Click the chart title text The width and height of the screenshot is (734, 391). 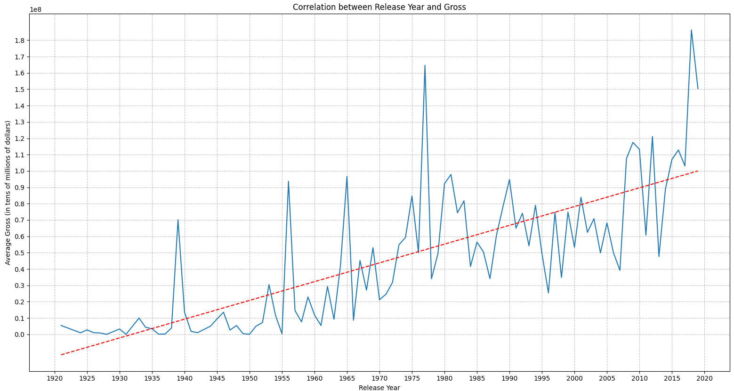[x=379, y=7]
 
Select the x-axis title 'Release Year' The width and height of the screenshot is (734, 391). [x=379, y=388]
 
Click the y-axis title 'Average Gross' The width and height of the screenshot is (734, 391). [x=8, y=193]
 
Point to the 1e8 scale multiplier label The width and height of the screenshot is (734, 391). [x=35, y=9]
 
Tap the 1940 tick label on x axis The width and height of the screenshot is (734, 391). [x=185, y=378]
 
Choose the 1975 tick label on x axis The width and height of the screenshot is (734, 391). [x=412, y=378]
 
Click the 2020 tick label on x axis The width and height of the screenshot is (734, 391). [x=704, y=378]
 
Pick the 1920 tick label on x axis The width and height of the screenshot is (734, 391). [x=55, y=378]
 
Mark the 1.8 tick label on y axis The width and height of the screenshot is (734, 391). [x=20, y=41]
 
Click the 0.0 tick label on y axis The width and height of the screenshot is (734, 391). [x=20, y=334]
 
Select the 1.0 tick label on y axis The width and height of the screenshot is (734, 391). [x=20, y=171]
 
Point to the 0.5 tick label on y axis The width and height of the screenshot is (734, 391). [x=20, y=253]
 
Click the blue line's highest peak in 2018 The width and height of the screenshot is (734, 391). [x=691, y=30]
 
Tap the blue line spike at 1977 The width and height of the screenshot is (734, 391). [x=425, y=65]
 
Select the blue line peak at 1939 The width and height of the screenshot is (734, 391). [x=178, y=220]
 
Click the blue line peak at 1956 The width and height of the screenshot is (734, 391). [x=289, y=181]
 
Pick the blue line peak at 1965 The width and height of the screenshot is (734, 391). [x=347, y=176]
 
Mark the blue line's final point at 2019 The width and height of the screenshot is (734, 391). [x=698, y=89]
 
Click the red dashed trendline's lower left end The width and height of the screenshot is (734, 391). [x=61, y=355]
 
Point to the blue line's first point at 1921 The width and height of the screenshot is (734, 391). [x=61, y=326]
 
